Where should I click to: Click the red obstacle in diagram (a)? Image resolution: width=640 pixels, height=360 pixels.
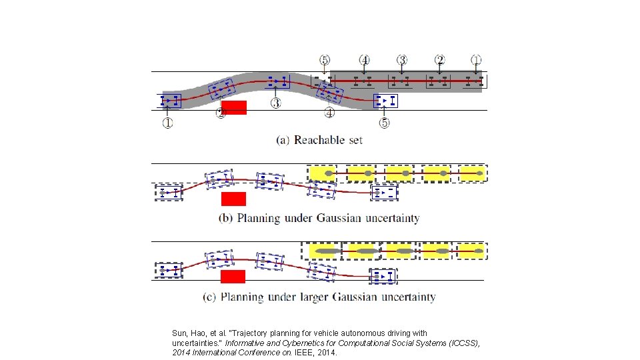coord(234,107)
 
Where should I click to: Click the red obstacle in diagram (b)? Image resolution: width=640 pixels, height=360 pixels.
coord(233,199)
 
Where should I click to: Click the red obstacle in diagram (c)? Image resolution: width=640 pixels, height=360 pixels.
coord(233,276)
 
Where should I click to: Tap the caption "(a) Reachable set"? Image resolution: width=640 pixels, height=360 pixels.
coord(319,140)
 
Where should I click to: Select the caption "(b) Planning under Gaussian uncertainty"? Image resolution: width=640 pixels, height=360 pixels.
coord(319,218)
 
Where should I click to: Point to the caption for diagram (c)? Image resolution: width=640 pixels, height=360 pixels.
coord(319,297)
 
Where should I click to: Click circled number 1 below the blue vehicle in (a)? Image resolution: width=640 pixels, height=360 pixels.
coord(167,123)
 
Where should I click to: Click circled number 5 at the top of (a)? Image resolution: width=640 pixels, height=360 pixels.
coord(325,60)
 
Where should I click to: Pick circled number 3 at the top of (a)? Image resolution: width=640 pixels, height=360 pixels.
coord(401,60)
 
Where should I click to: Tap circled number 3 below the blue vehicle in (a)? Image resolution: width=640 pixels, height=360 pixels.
coord(275,103)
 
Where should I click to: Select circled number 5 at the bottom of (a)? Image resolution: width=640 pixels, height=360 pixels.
coord(385,123)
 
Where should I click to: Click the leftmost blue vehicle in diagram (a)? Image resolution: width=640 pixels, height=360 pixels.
coord(171,101)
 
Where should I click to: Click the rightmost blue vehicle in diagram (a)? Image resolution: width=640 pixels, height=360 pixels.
coord(386,101)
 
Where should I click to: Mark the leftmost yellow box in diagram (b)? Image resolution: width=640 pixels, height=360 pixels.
coord(322,173)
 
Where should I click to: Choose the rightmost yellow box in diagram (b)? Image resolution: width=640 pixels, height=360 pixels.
coord(471,173)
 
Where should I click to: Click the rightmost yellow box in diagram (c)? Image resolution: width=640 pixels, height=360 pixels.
coord(471,251)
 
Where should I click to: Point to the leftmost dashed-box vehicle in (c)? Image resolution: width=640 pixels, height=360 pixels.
coord(169,271)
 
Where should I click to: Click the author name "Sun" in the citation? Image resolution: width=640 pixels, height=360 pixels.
coord(180,333)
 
